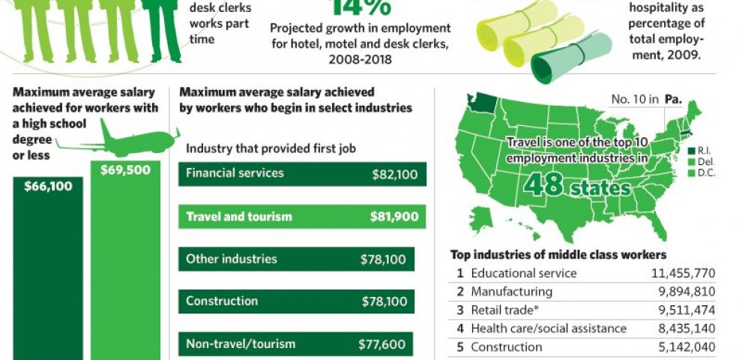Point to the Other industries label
coord(232,259)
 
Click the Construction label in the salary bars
coord(222,301)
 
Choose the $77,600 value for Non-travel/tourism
coord(382,345)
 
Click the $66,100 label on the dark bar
coord(48,186)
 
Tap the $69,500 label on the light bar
coord(126,169)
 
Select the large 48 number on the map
coord(545,183)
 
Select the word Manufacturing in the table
coord(511,292)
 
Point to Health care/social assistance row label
coord(549,328)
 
